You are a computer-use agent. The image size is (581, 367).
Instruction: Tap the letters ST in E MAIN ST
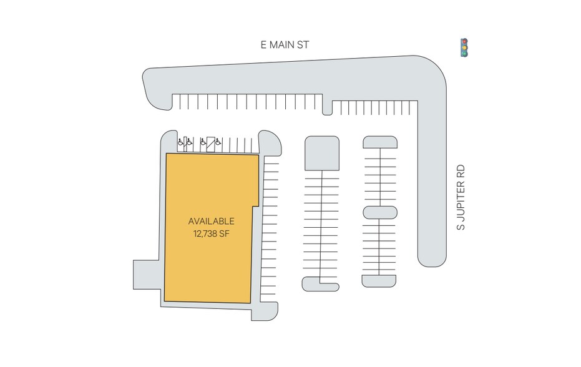[x=303, y=45]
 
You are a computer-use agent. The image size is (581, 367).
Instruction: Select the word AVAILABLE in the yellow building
[x=211, y=222]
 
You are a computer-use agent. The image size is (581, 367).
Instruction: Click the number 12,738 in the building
[x=205, y=234]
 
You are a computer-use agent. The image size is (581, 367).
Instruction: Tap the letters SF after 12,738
[x=224, y=234]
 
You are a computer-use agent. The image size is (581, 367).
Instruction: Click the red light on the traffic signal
[x=464, y=42]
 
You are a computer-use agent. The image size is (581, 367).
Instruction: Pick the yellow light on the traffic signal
[x=464, y=47]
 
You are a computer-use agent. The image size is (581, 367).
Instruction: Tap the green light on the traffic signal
[x=464, y=54]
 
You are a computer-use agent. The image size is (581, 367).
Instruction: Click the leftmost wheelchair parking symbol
[x=180, y=142]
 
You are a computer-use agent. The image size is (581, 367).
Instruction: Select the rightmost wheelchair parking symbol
[x=218, y=142]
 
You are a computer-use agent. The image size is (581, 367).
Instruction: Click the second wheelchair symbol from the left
[x=189, y=142]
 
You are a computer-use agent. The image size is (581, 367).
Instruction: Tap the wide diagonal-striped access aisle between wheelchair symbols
[x=210, y=145]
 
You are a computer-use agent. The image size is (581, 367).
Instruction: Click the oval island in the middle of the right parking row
[x=380, y=213]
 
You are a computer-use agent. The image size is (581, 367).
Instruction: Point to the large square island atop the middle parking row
[x=322, y=153]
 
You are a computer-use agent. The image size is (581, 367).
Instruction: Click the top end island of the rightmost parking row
[x=380, y=142]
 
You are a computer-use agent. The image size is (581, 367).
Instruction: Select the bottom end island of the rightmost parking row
[x=379, y=281]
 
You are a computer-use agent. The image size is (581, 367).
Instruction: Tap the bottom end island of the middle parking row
[x=321, y=285]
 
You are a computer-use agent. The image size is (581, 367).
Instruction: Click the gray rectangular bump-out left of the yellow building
[x=147, y=275]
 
